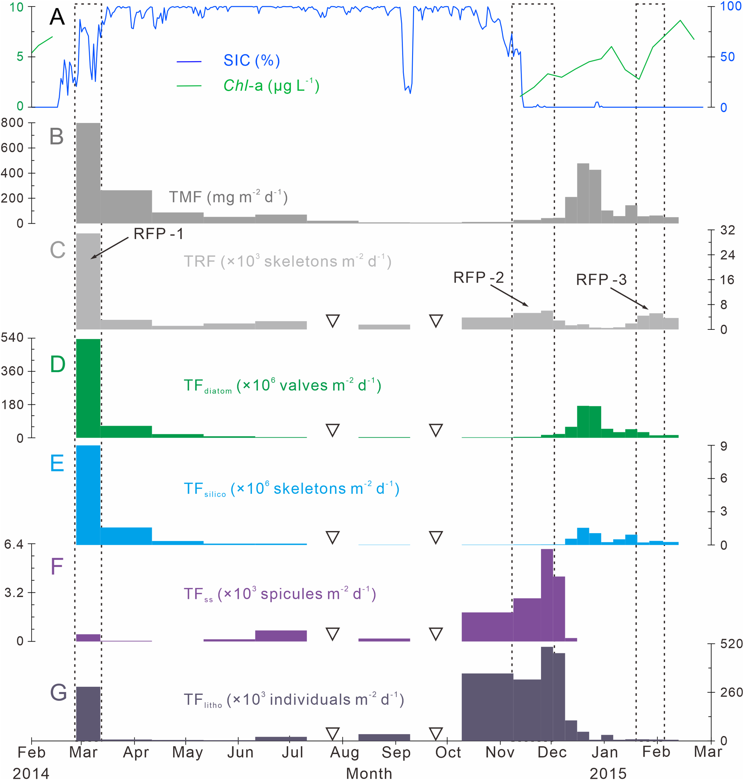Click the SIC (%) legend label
pos(251,60)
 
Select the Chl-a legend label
pos(271,85)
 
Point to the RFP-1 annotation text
pos(158,234)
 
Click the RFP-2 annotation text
pos(478,277)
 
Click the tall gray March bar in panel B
pos(88,173)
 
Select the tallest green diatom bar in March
pos(88,388)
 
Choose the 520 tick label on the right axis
pos(731,644)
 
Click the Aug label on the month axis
pos(344,752)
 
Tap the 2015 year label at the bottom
pos(608,773)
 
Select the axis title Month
pos(369,773)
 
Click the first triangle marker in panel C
pos(332,321)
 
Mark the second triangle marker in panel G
pos(436,734)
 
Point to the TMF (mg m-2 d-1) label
pos(228,197)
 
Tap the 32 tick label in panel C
pos(727,230)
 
